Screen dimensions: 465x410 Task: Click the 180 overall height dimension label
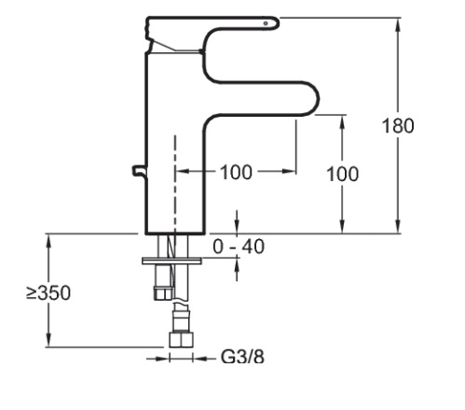[398, 126]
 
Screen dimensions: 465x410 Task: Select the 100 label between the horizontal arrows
[236, 172]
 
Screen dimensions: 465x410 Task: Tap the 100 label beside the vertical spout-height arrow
[343, 174]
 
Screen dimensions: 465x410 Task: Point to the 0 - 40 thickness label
[239, 247]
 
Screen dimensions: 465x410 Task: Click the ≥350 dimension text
[48, 293]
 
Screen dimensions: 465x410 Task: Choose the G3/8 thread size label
[242, 357]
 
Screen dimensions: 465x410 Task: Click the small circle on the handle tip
[266, 23]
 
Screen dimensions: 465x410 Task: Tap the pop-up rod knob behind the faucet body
[139, 171]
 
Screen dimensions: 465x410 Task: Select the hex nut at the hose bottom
[181, 340]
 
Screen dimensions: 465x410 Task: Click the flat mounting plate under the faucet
[171, 261]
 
